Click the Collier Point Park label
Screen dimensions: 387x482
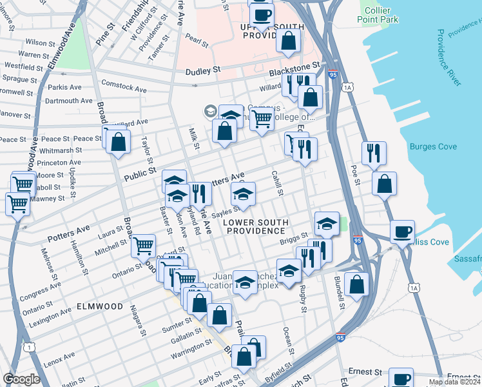378,14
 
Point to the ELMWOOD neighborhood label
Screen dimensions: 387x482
99,306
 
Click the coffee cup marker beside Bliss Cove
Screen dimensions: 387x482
402,232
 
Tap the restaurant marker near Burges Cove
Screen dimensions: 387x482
374,154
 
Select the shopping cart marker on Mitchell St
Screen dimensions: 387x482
143,245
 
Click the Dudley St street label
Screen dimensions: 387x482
203,70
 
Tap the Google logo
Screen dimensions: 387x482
21,379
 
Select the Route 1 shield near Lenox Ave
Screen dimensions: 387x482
30,348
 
